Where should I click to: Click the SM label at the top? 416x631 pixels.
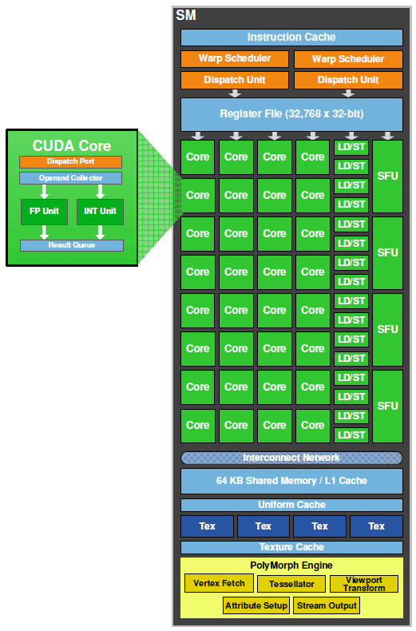point(185,15)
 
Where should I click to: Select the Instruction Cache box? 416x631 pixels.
point(291,38)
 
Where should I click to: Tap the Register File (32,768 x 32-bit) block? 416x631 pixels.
point(291,114)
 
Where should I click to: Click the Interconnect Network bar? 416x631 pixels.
point(291,458)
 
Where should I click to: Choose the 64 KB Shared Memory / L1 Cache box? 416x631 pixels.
point(291,481)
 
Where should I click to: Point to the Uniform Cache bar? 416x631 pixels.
point(291,505)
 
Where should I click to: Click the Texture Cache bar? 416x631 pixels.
point(291,547)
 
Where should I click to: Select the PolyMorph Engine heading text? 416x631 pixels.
point(291,566)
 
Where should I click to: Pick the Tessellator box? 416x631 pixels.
point(291,584)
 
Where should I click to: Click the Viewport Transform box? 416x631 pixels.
point(363,584)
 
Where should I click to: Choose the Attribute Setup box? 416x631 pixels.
point(256,605)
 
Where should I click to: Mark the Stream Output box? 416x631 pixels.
point(326,605)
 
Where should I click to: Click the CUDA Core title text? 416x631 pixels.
point(72,146)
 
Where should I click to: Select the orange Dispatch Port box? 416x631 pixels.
point(72,162)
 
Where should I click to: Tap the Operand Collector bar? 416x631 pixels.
point(72,178)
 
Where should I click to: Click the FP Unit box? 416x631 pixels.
point(45,212)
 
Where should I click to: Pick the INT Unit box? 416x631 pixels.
point(101,212)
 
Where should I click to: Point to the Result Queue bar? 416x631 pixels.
point(72,245)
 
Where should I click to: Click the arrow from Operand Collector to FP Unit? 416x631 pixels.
point(45,192)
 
